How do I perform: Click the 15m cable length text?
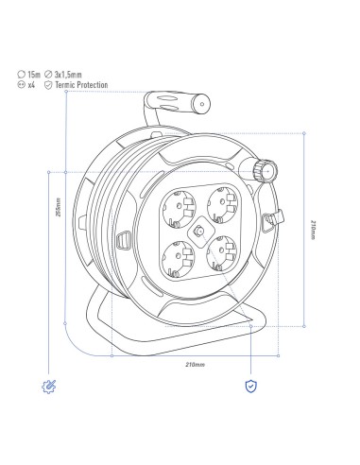(x=34, y=75)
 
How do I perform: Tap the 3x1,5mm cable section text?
(x=68, y=75)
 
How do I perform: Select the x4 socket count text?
(x=31, y=85)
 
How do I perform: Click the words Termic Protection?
(x=81, y=85)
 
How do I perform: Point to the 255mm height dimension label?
(x=58, y=207)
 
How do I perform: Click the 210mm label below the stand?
(x=195, y=365)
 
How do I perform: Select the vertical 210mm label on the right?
(x=313, y=230)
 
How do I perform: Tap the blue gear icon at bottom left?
(x=49, y=387)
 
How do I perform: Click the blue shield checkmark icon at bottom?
(x=251, y=387)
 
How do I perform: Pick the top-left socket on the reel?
(x=179, y=207)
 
